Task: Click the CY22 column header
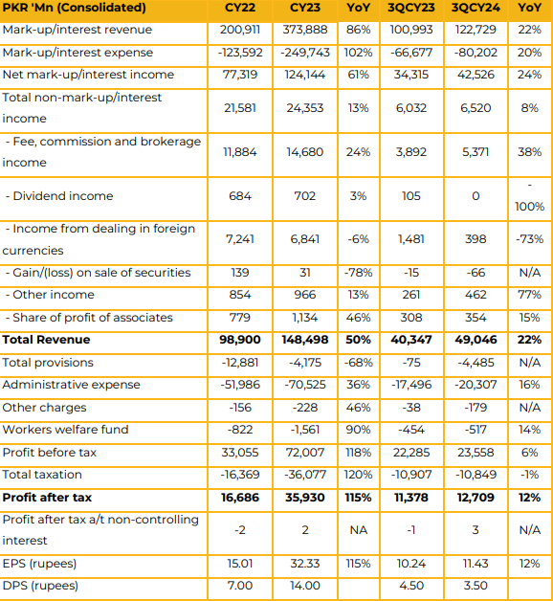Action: click(240, 8)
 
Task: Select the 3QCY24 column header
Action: click(476, 8)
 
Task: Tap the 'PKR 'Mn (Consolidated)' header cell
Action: click(74, 8)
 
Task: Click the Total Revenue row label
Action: click(46, 340)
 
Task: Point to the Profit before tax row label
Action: click(50, 453)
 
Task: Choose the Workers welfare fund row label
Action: click(65, 430)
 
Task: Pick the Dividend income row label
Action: click(59, 196)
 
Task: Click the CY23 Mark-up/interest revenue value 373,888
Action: click(305, 30)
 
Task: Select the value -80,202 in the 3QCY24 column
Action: click(476, 53)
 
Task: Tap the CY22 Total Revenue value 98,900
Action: click(240, 340)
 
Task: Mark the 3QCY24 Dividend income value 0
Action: click(476, 196)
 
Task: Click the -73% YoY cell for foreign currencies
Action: click(530, 239)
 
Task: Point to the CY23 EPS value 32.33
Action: click(305, 564)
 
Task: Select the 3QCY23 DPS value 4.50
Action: click(411, 586)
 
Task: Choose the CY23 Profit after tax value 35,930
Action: click(305, 498)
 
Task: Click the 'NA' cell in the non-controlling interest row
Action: click(359, 530)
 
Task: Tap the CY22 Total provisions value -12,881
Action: click(240, 363)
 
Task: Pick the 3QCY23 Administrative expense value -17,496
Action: click(411, 385)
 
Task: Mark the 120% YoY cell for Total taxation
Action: click(359, 475)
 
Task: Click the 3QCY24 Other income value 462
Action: click(476, 295)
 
